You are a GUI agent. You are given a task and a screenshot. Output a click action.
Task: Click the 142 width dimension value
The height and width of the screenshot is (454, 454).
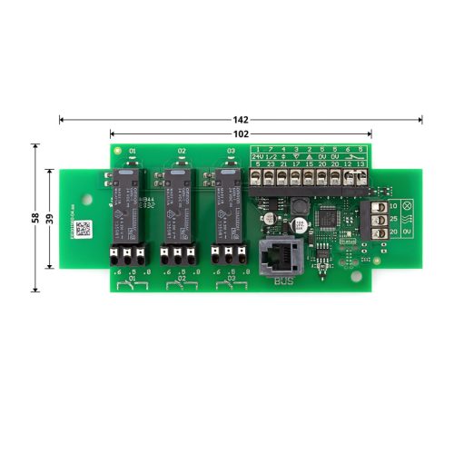click(x=241, y=119)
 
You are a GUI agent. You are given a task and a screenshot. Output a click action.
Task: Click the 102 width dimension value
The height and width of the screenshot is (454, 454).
click(x=241, y=133)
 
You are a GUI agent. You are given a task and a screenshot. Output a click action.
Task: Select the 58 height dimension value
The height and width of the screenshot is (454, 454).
click(x=35, y=218)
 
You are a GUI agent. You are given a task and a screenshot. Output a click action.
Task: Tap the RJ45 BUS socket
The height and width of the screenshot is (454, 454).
click(x=274, y=257)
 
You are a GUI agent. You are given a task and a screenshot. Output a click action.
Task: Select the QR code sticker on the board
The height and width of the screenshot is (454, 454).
click(x=83, y=229)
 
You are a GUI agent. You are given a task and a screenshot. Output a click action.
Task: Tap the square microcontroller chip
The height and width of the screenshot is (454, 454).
click(x=328, y=219)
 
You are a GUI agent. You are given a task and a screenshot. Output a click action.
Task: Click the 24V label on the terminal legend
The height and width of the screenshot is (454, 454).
click(x=258, y=156)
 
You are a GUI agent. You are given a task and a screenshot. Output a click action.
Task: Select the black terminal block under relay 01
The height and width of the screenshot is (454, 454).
click(x=128, y=255)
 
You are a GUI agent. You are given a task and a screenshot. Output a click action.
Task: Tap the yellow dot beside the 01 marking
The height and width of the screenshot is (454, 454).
click(x=116, y=150)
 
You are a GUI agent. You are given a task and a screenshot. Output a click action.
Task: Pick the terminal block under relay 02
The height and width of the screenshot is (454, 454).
click(x=178, y=255)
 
